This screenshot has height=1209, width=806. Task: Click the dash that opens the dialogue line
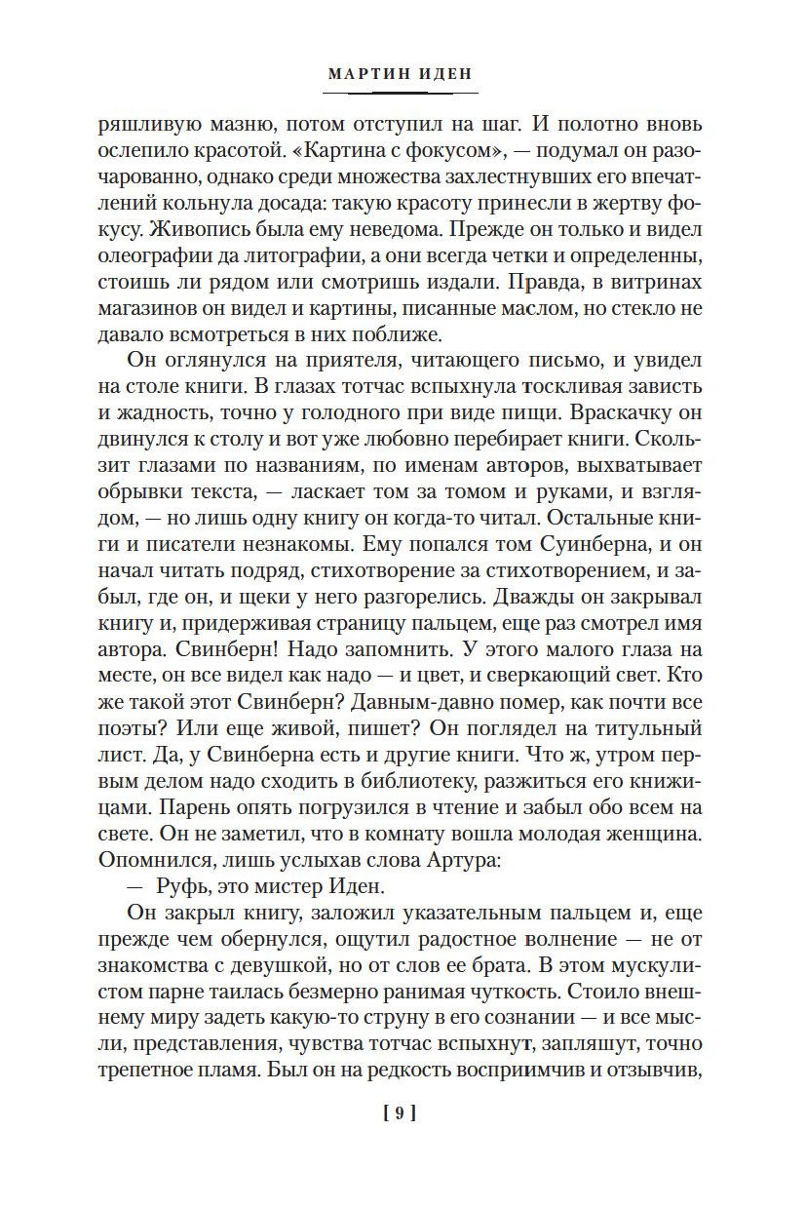click(x=135, y=886)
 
